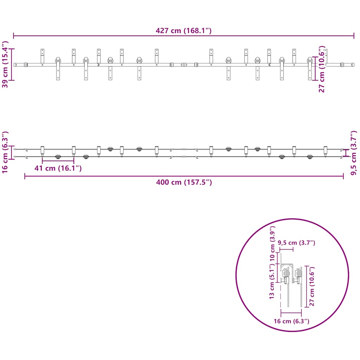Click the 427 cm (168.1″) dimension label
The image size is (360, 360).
pos(184,31)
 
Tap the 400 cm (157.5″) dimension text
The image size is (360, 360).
pos(184,182)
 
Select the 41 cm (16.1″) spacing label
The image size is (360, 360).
pos(58,168)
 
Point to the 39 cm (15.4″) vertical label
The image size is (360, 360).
pos(5,64)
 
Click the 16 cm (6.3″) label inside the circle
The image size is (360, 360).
pos(291,321)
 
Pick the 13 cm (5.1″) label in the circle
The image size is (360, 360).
pos(272,281)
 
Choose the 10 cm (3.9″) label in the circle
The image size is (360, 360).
pos(272,243)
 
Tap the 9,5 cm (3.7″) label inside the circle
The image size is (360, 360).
pos(296,243)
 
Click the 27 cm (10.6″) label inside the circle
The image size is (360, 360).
pos(312,286)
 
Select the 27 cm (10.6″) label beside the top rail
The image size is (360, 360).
pos(322,69)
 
